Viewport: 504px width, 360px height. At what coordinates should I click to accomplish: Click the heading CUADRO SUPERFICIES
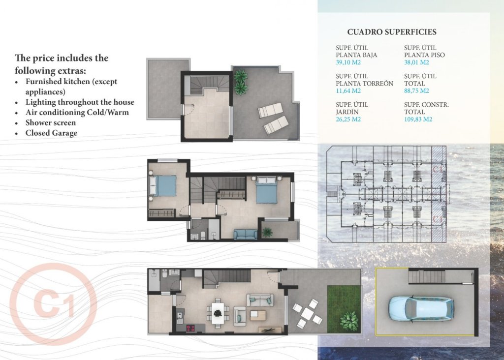tap(391, 32)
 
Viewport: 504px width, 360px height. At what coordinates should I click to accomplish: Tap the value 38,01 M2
tap(416, 62)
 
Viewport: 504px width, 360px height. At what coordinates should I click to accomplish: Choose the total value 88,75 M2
tap(416, 91)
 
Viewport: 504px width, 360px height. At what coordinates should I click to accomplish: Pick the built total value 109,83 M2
tap(418, 119)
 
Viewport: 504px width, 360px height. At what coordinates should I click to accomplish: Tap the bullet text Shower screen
tap(51, 122)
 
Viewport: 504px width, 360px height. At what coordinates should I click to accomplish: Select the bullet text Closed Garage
tap(51, 133)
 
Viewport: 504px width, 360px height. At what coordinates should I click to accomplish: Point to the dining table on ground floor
tap(218, 311)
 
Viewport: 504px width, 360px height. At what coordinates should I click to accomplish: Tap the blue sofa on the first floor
tap(245, 235)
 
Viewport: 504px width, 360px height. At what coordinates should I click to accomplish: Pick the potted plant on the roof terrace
tap(241, 82)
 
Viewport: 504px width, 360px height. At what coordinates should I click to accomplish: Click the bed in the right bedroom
tap(266, 191)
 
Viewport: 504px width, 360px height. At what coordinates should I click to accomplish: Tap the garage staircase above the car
tap(426, 277)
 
